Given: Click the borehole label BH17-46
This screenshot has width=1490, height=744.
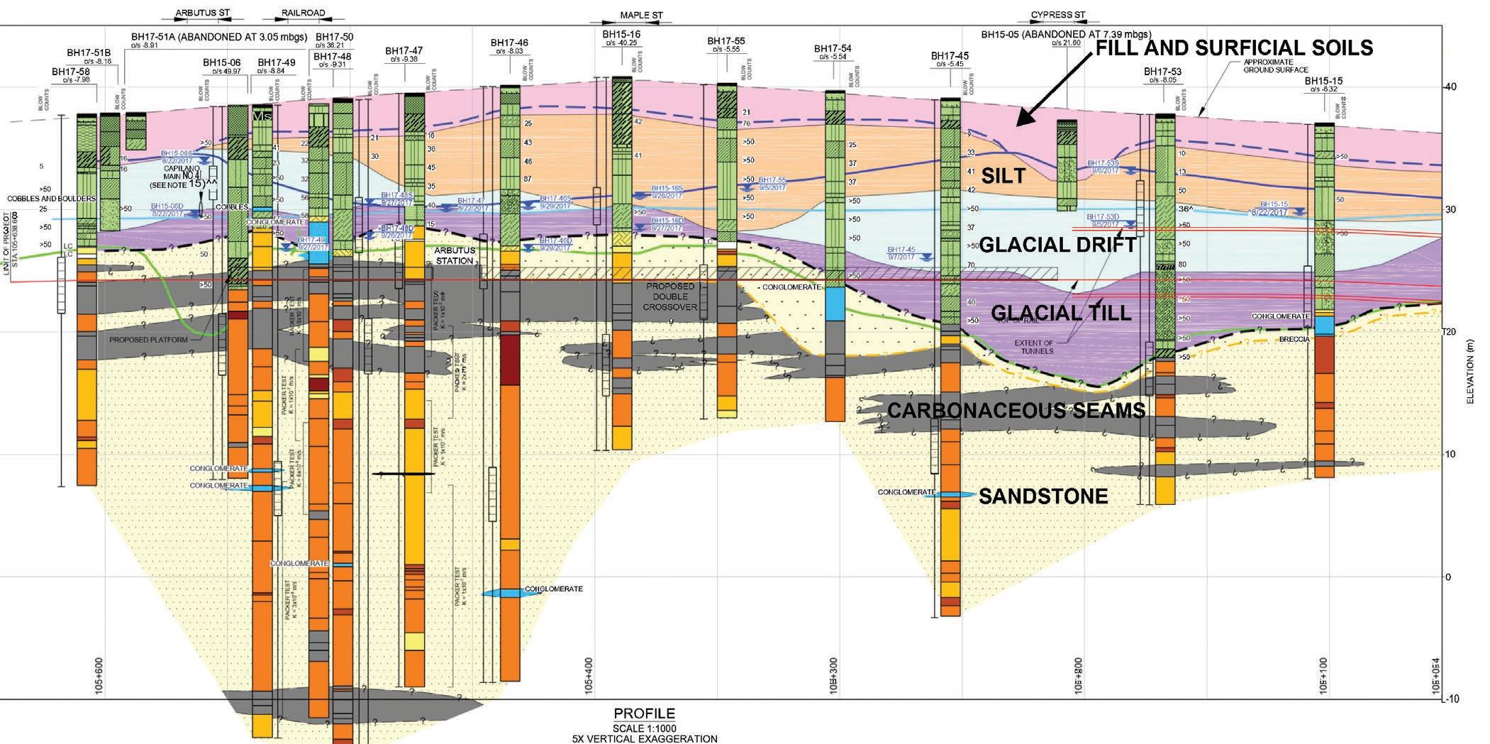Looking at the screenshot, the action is point(509,43).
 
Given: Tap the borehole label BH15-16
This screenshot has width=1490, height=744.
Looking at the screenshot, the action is point(621,34).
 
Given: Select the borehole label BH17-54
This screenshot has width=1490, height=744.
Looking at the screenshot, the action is point(833,48).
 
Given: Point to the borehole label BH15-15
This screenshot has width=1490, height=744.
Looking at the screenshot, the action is point(1323,81).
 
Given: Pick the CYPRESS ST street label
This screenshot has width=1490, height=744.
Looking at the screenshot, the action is point(1058,14).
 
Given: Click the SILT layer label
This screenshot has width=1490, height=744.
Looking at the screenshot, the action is point(1003,176).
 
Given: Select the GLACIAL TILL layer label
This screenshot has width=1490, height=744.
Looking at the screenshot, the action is point(1060,313).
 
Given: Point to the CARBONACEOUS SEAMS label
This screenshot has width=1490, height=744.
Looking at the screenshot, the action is point(1016,410).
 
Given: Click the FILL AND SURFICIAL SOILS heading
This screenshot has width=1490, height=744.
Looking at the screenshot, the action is point(1234,48).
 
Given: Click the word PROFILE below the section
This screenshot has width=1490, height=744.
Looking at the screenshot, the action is point(644,714).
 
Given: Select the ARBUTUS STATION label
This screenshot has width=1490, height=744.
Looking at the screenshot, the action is point(455,255).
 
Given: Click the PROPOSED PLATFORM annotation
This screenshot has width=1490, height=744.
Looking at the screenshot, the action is point(148,340).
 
